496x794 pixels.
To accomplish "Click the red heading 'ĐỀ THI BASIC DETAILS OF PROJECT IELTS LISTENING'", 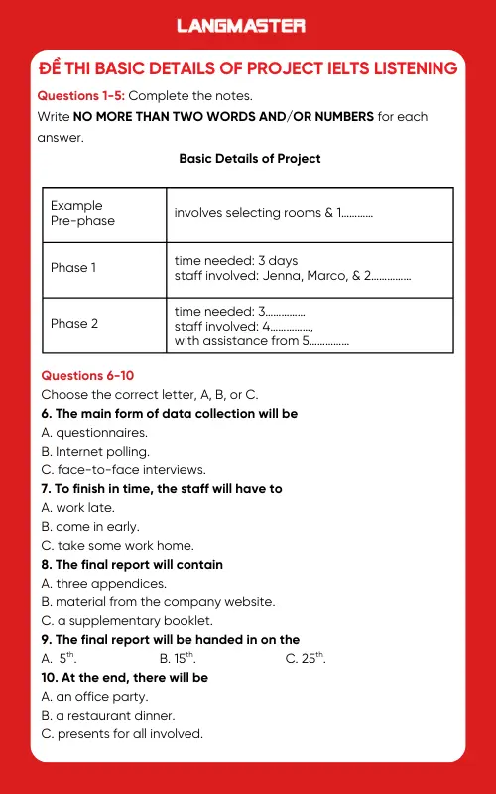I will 247,68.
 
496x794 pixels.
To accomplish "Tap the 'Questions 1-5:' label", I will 80,95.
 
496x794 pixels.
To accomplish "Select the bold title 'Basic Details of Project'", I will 249,158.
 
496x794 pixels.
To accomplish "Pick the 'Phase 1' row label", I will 74,268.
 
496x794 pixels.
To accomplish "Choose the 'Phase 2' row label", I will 74,324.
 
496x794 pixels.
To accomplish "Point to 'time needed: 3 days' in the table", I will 235,261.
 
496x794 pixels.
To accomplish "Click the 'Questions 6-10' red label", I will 87,376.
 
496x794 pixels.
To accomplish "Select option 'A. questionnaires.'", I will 94,433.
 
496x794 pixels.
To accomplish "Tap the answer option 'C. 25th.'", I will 305,658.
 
